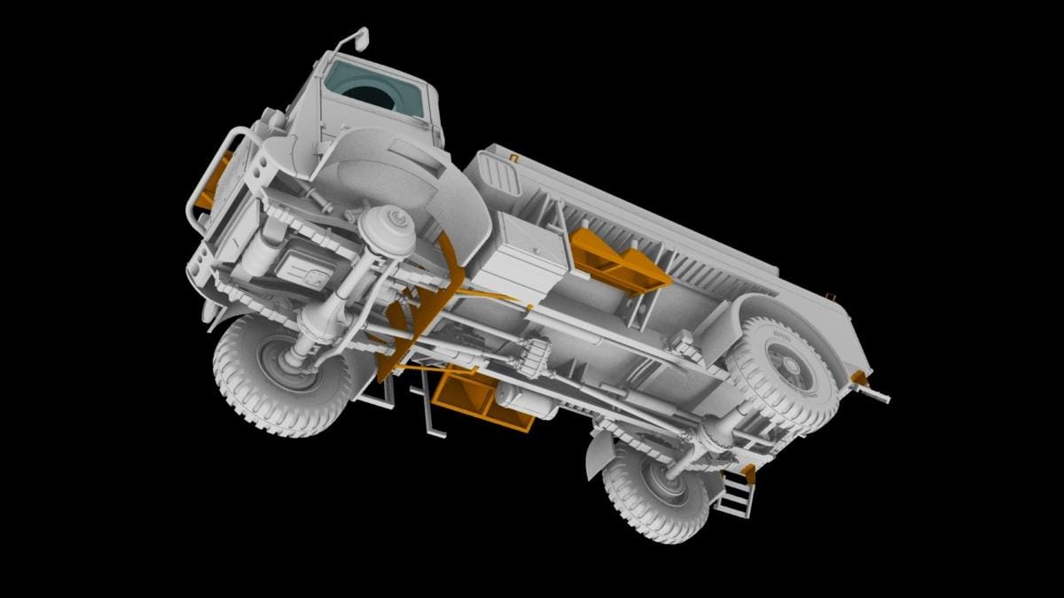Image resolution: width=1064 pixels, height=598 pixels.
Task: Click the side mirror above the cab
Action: coord(359,37)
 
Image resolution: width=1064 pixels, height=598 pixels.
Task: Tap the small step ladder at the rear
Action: coord(735,493)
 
